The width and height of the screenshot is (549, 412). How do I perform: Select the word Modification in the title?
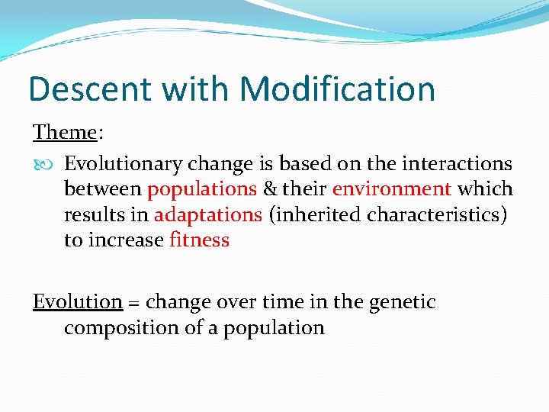coord(337,89)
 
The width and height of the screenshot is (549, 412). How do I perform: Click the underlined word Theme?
coord(65,132)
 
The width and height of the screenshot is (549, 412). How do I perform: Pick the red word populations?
coord(202,188)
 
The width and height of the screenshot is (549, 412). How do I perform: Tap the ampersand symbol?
coord(271,188)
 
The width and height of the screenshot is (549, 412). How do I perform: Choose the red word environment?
coord(392,188)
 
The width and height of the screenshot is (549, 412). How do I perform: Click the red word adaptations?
coord(208,214)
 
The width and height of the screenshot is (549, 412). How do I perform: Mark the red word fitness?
coord(199,240)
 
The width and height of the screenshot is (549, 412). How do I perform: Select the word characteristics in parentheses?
coord(437,214)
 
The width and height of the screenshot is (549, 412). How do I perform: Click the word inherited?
coord(316,214)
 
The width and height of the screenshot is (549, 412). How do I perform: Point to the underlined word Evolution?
coord(77,302)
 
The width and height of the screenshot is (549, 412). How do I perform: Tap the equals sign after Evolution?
coord(133,303)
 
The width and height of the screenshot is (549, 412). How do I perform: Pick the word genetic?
coord(402,302)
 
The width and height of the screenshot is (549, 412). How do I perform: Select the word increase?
coord(125,240)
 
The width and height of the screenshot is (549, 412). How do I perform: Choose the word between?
coord(102,188)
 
